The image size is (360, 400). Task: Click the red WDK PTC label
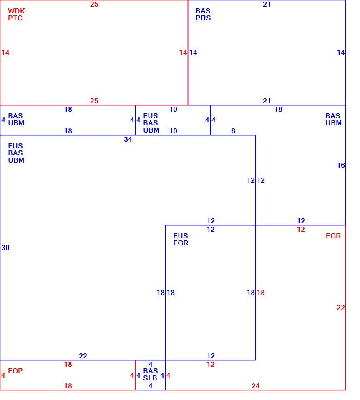point(16,15)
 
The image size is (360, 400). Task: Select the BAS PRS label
point(203,15)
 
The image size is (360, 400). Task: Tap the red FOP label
point(15,371)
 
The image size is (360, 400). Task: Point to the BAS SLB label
point(151,374)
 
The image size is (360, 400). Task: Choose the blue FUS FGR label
point(181,239)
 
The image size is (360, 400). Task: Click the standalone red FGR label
point(333,236)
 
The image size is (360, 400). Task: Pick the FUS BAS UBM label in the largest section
point(16,153)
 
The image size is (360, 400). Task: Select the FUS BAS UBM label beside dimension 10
point(151,122)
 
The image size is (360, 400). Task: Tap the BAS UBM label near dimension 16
point(333,120)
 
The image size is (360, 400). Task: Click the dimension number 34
point(128,139)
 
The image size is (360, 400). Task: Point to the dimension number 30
point(5,247)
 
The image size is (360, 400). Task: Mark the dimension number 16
point(341,165)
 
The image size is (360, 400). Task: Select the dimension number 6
point(233,131)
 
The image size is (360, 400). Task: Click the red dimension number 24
point(255,386)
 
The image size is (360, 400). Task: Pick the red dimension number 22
point(340,307)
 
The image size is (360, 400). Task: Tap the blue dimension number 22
point(83,355)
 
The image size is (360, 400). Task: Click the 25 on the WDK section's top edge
point(94,4)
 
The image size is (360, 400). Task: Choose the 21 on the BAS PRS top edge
point(267,4)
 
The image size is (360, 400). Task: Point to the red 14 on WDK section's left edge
point(5,52)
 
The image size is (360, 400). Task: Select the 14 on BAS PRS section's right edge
point(341,52)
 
